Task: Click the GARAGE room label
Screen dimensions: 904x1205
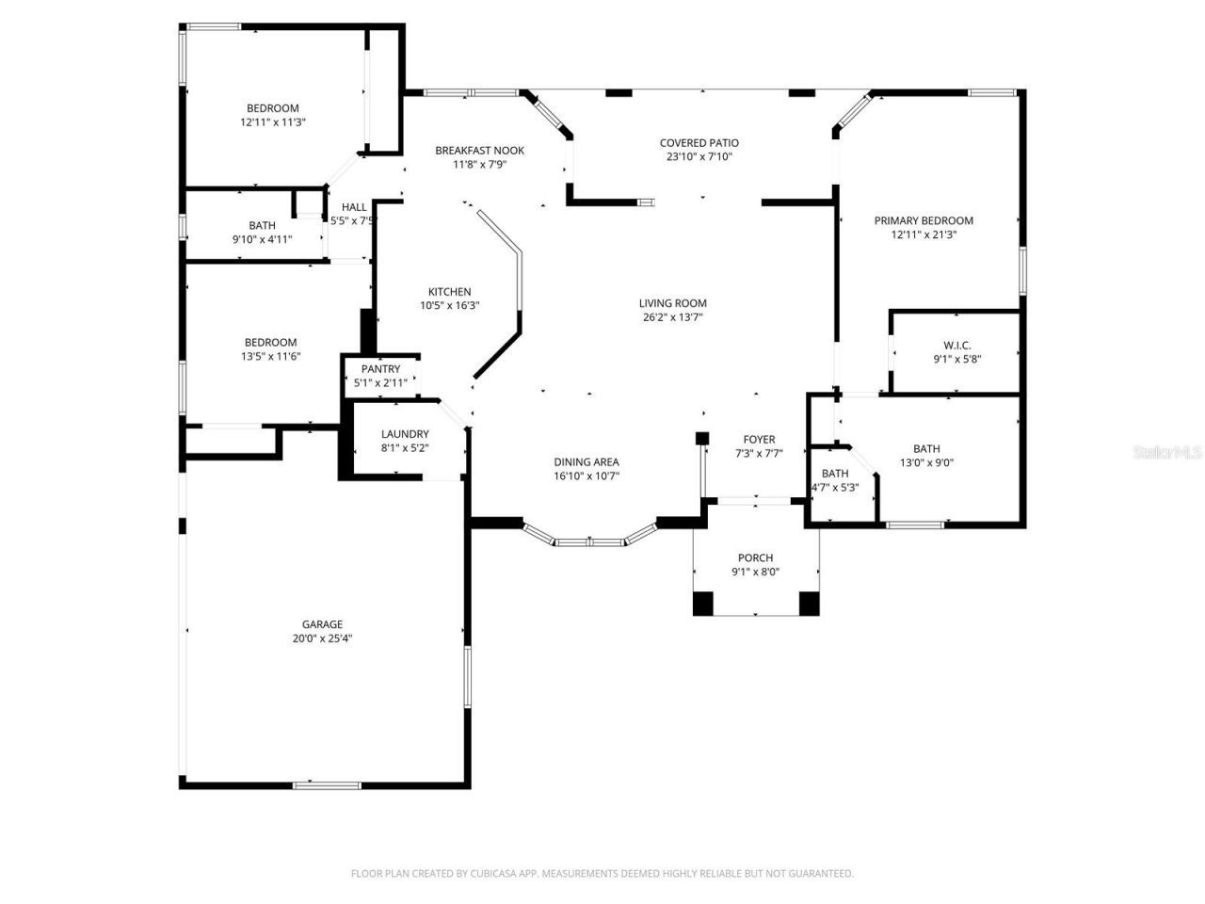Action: click(322, 624)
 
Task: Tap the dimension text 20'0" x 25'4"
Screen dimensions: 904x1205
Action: click(322, 638)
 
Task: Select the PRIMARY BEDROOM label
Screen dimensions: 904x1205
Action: click(924, 221)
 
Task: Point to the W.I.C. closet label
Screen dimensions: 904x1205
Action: click(956, 346)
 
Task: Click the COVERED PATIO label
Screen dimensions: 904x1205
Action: click(699, 143)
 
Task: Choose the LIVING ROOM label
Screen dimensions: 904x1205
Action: click(672, 303)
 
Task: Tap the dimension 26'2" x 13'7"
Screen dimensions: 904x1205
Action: click(672, 317)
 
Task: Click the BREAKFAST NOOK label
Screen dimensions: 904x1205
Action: click(479, 151)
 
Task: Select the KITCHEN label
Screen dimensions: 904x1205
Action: click(449, 292)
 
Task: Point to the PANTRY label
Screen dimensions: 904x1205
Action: click(380, 369)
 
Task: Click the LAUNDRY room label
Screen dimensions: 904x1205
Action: click(405, 434)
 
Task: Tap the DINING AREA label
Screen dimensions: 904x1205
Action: click(586, 462)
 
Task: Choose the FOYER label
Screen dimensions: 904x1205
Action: click(759, 440)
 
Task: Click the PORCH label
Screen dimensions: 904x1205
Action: click(755, 558)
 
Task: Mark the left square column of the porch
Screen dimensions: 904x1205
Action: click(703, 604)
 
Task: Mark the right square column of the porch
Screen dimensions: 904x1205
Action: click(809, 604)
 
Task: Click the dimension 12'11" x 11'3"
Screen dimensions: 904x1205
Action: click(273, 122)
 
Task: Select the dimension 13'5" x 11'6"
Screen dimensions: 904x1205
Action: click(270, 357)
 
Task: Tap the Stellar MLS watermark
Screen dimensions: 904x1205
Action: click(1167, 453)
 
